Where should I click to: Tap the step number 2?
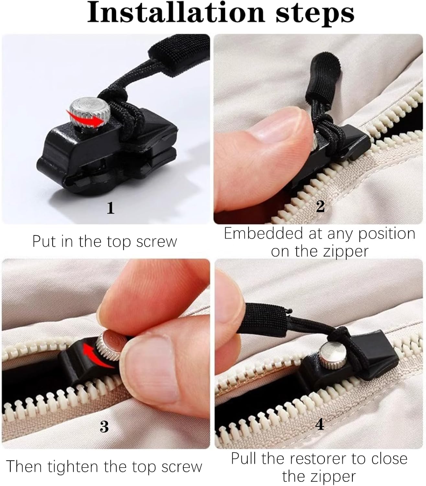click(320, 206)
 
